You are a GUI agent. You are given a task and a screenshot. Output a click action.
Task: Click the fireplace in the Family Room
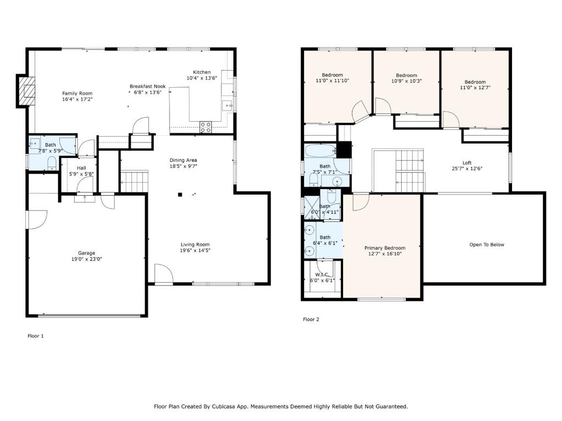point(26,91)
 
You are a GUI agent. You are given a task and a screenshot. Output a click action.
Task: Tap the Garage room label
point(87,253)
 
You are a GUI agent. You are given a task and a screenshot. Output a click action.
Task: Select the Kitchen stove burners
point(206,127)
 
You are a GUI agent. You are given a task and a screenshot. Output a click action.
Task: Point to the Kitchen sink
point(227,106)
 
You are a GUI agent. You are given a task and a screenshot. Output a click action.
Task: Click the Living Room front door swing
point(164,274)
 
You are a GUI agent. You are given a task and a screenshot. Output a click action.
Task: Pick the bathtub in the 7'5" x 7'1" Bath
point(320,150)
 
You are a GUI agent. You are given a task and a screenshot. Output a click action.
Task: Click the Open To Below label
point(487,245)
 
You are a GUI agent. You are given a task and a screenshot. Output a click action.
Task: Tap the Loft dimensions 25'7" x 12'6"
point(467,169)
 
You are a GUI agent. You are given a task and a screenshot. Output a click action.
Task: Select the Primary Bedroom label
point(385,248)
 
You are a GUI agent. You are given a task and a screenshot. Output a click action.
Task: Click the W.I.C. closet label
point(322,275)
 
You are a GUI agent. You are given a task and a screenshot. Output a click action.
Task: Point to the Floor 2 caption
point(311,320)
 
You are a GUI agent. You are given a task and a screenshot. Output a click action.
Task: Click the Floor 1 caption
point(36,336)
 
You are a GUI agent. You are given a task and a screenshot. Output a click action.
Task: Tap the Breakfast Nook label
point(148,86)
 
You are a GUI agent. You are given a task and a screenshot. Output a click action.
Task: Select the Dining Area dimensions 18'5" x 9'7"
point(183,166)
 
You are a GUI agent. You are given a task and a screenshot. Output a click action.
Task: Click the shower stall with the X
point(312,208)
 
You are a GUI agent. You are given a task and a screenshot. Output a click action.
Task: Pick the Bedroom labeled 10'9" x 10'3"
point(407,78)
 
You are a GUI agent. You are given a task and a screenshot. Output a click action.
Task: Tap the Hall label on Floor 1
point(81,168)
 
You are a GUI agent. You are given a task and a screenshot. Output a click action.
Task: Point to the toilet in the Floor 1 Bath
point(52,163)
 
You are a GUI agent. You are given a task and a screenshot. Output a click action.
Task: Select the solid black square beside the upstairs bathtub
point(345,150)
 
